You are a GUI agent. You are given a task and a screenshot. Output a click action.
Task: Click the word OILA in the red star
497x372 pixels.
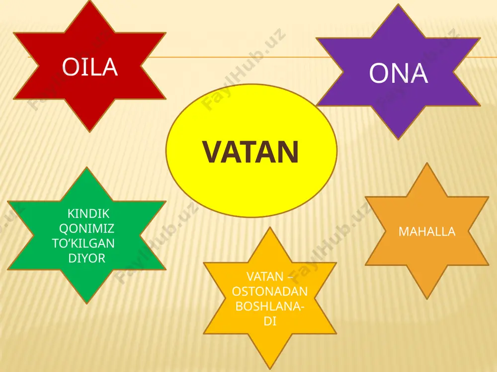click(x=90, y=67)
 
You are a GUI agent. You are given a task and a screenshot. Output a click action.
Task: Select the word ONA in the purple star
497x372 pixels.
click(x=399, y=73)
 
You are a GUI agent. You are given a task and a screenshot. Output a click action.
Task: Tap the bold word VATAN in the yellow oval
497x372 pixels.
click(x=250, y=152)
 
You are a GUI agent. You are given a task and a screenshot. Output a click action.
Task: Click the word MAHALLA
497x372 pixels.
click(x=427, y=232)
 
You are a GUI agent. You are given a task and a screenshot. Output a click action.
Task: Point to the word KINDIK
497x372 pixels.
click(x=88, y=213)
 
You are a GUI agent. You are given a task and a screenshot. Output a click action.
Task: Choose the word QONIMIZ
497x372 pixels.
click(x=86, y=228)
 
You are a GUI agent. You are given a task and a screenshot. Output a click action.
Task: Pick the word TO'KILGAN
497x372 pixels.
click(x=83, y=243)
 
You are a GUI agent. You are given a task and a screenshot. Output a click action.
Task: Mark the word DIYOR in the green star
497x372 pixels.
click(x=87, y=258)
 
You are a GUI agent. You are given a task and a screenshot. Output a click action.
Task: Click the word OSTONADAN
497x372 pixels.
click(x=270, y=291)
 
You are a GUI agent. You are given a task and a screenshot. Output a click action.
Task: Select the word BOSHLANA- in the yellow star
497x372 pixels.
click(x=270, y=306)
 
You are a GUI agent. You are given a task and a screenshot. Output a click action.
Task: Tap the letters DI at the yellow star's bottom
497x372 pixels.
click(x=270, y=321)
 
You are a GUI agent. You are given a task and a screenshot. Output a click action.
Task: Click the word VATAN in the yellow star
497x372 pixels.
click(x=265, y=276)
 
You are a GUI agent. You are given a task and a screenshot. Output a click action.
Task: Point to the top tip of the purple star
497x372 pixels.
click(x=399, y=4)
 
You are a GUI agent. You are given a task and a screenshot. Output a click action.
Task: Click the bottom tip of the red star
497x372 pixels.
click(x=89, y=132)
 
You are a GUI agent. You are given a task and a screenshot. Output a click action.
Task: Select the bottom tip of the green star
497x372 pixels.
click(x=86, y=304)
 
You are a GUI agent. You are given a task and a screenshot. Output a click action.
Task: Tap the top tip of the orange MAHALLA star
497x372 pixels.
click(x=427, y=163)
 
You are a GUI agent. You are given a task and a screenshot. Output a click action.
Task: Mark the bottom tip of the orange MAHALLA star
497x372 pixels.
click(x=427, y=299)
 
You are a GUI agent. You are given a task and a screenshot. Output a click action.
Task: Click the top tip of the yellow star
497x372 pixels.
click(x=270, y=228)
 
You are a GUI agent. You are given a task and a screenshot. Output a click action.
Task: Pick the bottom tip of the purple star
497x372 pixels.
click(x=399, y=139)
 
